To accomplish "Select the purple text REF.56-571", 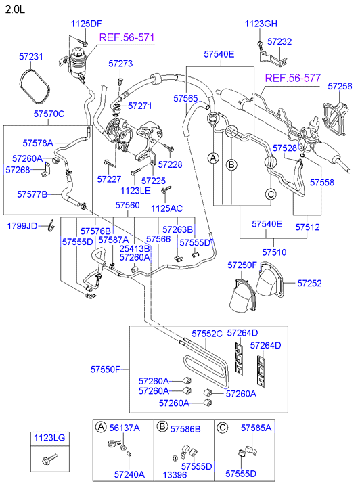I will coord(127,37).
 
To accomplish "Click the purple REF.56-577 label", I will coord(292,79).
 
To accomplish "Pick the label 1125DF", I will coord(86,24).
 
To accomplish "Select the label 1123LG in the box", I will coord(49,439).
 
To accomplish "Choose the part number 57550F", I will coord(106,370).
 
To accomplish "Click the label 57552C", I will coord(206,333).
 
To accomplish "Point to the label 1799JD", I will coord(23,225).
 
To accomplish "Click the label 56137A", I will coord(125,428).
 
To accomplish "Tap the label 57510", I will coord(275,252).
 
